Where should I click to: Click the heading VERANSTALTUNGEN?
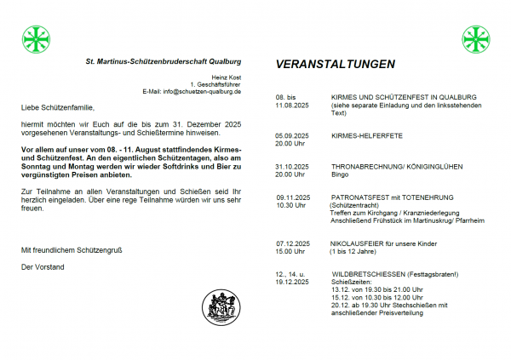click(x=335, y=65)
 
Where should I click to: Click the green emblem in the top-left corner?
click(x=35, y=39)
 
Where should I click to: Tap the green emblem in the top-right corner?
click(x=475, y=39)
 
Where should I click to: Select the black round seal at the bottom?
click(x=220, y=307)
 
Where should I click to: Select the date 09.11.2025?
click(x=293, y=197)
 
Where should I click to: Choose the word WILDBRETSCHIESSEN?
click(x=367, y=273)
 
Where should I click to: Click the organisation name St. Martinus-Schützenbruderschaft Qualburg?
click(x=164, y=62)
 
